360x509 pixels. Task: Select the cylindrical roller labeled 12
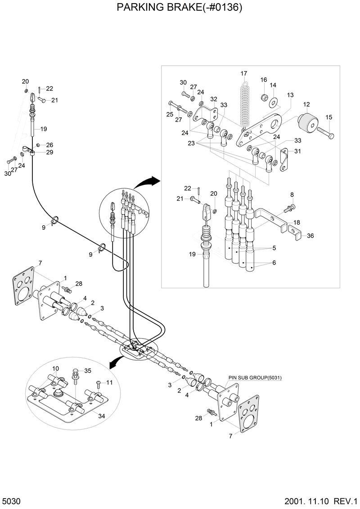pyautogui.click(x=308, y=122)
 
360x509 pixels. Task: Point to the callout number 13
pyautogui.click(x=290, y=95)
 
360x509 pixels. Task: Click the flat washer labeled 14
pyautogui.click(x=273, y=102)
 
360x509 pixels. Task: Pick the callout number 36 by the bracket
pyautogui.click(x=310, y=236)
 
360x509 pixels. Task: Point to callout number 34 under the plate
pyautogui.click(x=102, y=416)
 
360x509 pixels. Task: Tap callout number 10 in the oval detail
pyautogui.click(x=55, y=368)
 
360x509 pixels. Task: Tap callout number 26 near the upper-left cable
pyautogui.click(x=49, y=145)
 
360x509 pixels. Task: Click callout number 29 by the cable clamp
pyautogui.click(x=49, y=152)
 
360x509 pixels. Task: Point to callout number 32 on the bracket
pyautogui.click(x=213, y=99)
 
